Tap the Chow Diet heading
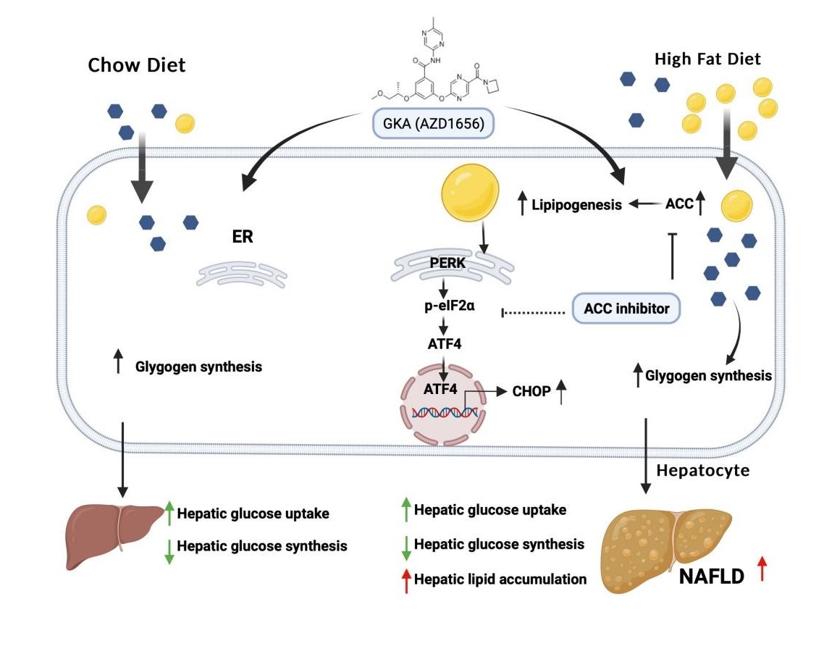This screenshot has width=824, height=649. tap(137, 65)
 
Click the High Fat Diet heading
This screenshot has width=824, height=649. tap(707, 59)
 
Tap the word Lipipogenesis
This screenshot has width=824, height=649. tap(576, 205)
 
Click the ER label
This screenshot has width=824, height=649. tap(243, 237)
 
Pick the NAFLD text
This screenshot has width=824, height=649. tap(712, 577)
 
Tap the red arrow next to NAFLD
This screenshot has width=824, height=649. tap(762, 570)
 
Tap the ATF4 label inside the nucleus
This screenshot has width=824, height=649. tap(440, 389)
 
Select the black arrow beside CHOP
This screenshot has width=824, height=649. tap(562, 392)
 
